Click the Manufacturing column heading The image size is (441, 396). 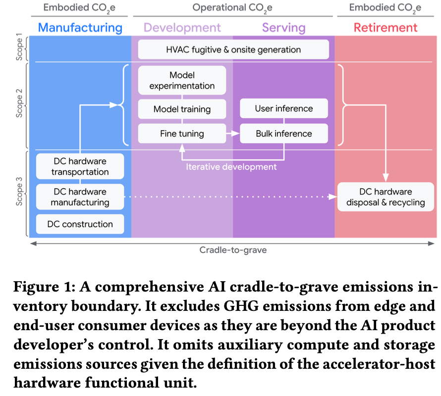coord(80,27)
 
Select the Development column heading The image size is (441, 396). coord(182,27)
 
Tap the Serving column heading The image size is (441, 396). coord(283,27)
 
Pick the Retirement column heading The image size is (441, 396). coord(385,27)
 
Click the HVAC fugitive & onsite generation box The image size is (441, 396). coord(233,49)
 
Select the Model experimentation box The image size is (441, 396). coord(182,81)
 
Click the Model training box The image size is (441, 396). coord(182,109)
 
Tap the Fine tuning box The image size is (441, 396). coord(182,134)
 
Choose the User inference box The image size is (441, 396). coord(284,108)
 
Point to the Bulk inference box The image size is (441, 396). coord(284,134)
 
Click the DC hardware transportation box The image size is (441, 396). coord(80,167)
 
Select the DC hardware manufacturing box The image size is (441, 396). coord(80,197)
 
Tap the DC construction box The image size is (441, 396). coord(80,224)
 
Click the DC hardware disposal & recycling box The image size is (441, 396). coord(386,197)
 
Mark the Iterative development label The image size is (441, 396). coord(231,167)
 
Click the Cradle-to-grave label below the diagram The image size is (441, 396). coord(233,250)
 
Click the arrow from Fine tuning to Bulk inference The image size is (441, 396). coord(233,134)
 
